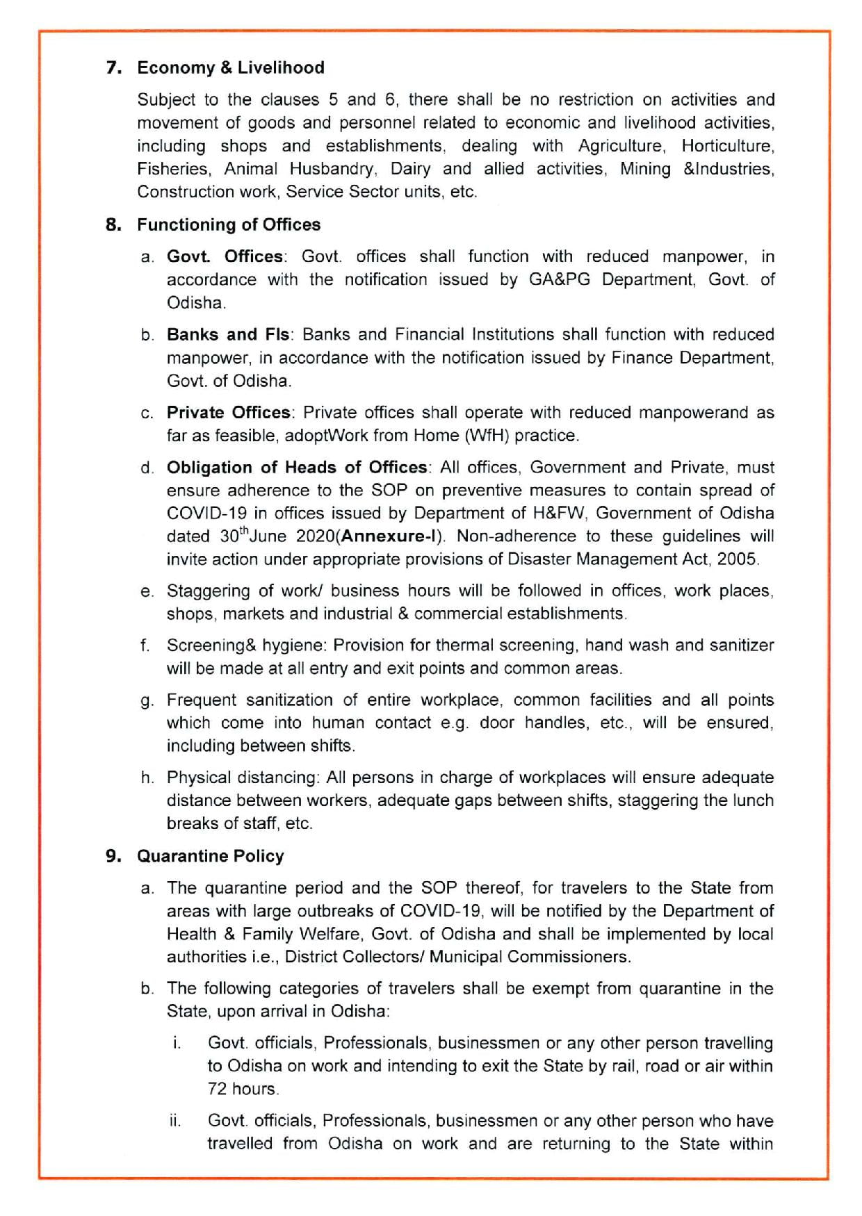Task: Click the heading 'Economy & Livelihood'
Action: (x=231, y=67)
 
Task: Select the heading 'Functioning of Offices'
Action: (x=229, y=224)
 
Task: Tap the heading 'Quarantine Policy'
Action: (x=210, y=855)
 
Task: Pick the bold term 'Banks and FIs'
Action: (x=228, y=334)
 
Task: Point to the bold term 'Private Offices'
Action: (x=229, y=412)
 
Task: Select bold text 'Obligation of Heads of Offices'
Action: (x=297, y=467)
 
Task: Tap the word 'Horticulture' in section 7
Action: (x=727, y=146)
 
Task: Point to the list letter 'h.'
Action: (x=147, y=778)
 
